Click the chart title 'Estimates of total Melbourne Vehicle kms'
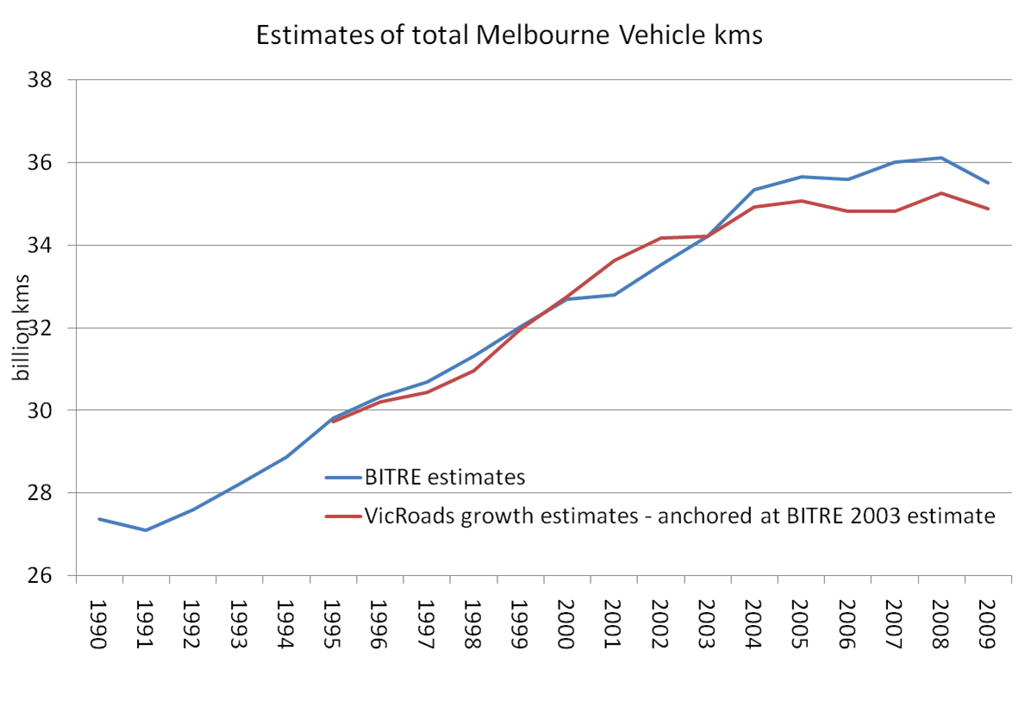click(x=510, y=35)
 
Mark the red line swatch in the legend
click(x=342, y=516)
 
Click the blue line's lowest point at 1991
click(x=146, y=530)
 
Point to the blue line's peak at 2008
click(x=941, y=158)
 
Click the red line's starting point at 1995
click(x=333, y=422)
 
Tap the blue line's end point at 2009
click(x=988, y=183)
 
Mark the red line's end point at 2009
click(x=988, y=209)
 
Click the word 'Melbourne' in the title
click(x=503, y=35)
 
